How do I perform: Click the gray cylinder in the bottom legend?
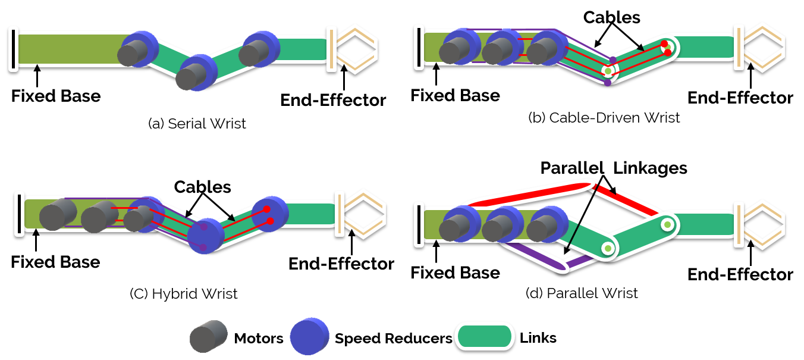coord(208,336)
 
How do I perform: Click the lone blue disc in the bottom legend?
coord(309,336)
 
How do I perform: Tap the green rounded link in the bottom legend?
coord(485,336)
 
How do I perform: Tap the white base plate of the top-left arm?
coord(13,49)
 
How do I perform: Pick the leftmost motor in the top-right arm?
coord(459,48)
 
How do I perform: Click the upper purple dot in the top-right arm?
coord(613,60)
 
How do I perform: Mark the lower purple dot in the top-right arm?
coord(607,83)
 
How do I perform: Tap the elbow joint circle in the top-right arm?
coord(608,71)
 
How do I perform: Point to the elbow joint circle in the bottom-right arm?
coord(608,248)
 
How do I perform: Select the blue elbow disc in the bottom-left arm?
coord(205,236)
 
